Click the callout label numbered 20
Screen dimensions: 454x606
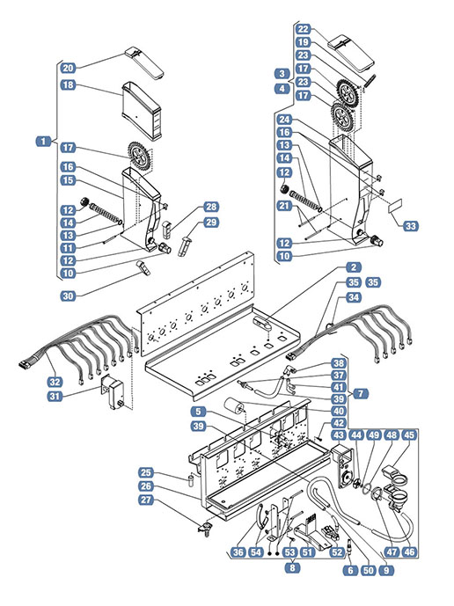click(68, 68)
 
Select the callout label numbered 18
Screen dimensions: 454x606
click(68, 84)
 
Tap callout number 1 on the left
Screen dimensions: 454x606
click(43, 142)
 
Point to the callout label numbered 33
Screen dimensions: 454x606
click(411, 226)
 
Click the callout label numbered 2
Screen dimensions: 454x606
click(354, 267)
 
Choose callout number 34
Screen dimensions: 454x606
click(354, 297)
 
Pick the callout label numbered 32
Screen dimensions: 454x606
click(55, 382)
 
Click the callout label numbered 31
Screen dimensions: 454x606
click(55, 396)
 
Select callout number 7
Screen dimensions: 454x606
click(361, 393)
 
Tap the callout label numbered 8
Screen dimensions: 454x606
click(292, 567)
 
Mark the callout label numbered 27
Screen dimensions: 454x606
click(146, 500)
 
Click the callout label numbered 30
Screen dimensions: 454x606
click(68, 296)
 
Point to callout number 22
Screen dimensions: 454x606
click(304, 29)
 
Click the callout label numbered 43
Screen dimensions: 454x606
click(339, 435)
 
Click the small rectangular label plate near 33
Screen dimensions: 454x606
click(395, 206)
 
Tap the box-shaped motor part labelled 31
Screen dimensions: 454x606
click(113, 392)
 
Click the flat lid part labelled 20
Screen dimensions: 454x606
click(144, 63)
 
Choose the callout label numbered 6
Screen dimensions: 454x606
click(350, 571)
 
